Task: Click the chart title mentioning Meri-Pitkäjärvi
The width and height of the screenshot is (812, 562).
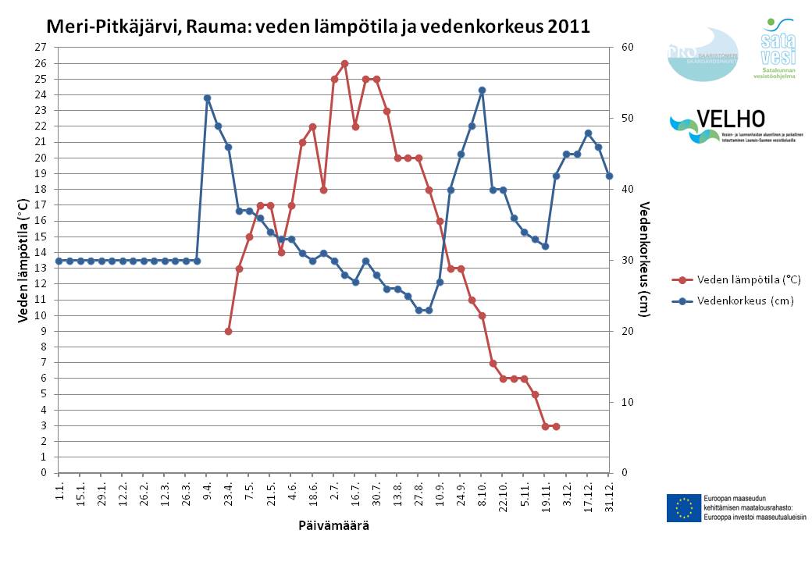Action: (x=318, y=26)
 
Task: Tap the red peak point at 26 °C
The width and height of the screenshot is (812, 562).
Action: (x=344, y=63)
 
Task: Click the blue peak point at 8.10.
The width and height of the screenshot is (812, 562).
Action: (x=482, y=90)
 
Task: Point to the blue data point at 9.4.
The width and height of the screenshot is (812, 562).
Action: (x=207, y=98)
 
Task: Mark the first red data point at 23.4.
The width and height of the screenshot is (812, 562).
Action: (x=228, y=331)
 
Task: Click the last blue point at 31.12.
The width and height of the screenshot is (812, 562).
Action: (x=609, y=176)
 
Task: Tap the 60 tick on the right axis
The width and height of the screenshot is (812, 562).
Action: (x=627, y=47)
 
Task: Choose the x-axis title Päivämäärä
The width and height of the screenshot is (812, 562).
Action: (x=333, y=525)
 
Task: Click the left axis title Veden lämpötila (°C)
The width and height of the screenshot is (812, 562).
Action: (x=24, y=259)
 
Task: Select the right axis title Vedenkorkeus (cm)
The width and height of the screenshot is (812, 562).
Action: (x=645, y=259)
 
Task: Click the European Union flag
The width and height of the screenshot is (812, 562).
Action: (x=683, y=507)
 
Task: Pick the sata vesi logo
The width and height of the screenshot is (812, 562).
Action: (x=778, y=48)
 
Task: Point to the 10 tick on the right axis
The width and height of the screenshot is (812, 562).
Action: (x=627, y=402)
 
